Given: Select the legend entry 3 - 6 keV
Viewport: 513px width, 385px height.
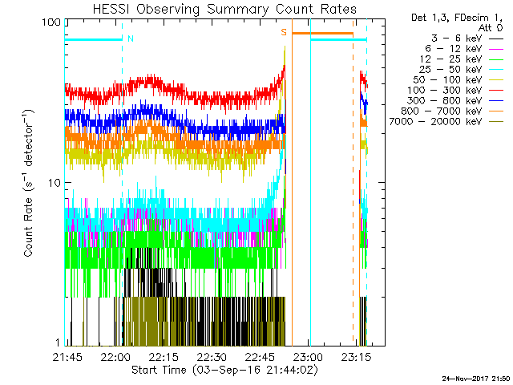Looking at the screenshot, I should (x=456, y=38).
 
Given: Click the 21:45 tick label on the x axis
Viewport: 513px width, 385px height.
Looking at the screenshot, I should (x=68, y=356).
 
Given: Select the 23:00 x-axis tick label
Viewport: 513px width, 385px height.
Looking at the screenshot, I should (x=306, y=356).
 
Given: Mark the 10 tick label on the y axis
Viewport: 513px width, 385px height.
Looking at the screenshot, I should (x=54, y=183).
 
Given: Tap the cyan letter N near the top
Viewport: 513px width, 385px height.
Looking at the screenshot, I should (x=131, y=38).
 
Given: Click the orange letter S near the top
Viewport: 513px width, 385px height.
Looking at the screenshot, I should (x=283, y=32).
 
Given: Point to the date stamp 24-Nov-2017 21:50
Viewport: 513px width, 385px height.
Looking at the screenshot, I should (x=476, y=378).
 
